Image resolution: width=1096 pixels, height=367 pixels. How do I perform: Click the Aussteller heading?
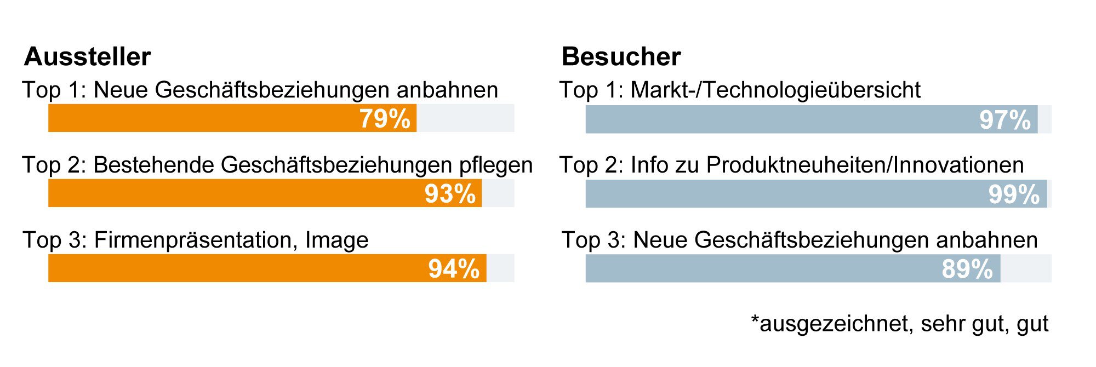tap(87, 57)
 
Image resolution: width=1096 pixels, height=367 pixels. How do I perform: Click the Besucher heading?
tap(621, 57)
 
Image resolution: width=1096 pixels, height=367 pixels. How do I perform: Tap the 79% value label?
tap(385, 119)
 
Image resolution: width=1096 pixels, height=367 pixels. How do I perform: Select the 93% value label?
tap(450, 194)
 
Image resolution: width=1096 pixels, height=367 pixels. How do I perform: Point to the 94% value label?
tap(454, 269)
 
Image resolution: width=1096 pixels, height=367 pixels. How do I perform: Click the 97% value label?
tap(1005, 120)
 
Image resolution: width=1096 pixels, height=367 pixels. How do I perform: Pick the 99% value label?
tap(1014, 194)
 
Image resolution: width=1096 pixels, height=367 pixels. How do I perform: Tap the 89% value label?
tap(967, 269)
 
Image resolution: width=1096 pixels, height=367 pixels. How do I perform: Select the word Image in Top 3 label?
tap(336, 240)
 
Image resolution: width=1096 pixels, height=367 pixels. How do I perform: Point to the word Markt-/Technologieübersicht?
tap(775, 90)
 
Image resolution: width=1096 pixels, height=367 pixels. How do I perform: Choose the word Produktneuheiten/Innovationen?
tap(865, 165)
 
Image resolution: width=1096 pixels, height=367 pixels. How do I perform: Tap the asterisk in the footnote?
tap(755, 319)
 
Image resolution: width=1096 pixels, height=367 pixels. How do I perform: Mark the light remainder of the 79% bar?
tap(465, 118)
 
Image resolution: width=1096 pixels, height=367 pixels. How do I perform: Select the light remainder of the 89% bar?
tap(1026, 268)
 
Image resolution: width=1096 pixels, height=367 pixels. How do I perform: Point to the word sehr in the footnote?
tap(943, 324)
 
